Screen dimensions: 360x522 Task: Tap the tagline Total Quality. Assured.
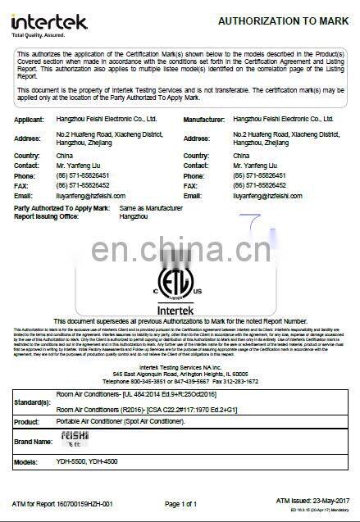click(x=36, y=34)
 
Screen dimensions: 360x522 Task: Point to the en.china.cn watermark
click(x=180, y=248)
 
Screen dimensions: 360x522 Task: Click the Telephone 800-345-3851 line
click(x=180, y=382)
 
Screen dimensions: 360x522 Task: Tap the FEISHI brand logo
click(x=72, y=441)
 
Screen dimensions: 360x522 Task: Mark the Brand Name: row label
click(x=33, y=443)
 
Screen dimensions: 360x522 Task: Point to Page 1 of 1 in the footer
click(x=180, y=503)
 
